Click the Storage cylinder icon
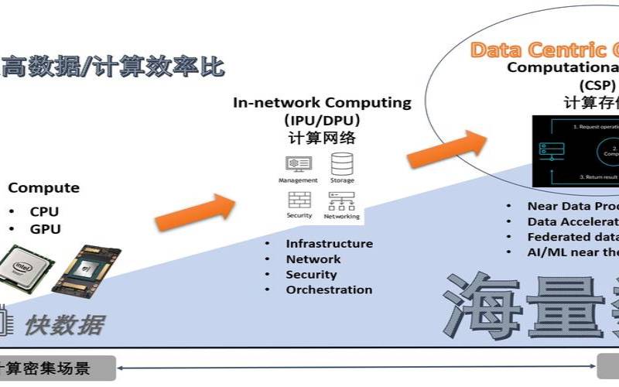point(342,164)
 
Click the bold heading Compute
point(43,188)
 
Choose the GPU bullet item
point(45,229)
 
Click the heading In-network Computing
point(323,103)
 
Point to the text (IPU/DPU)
point(322,121)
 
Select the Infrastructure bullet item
point(329,244)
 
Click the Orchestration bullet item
point(329,290)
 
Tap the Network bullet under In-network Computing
point(313,259)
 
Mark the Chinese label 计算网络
point(322,139)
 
